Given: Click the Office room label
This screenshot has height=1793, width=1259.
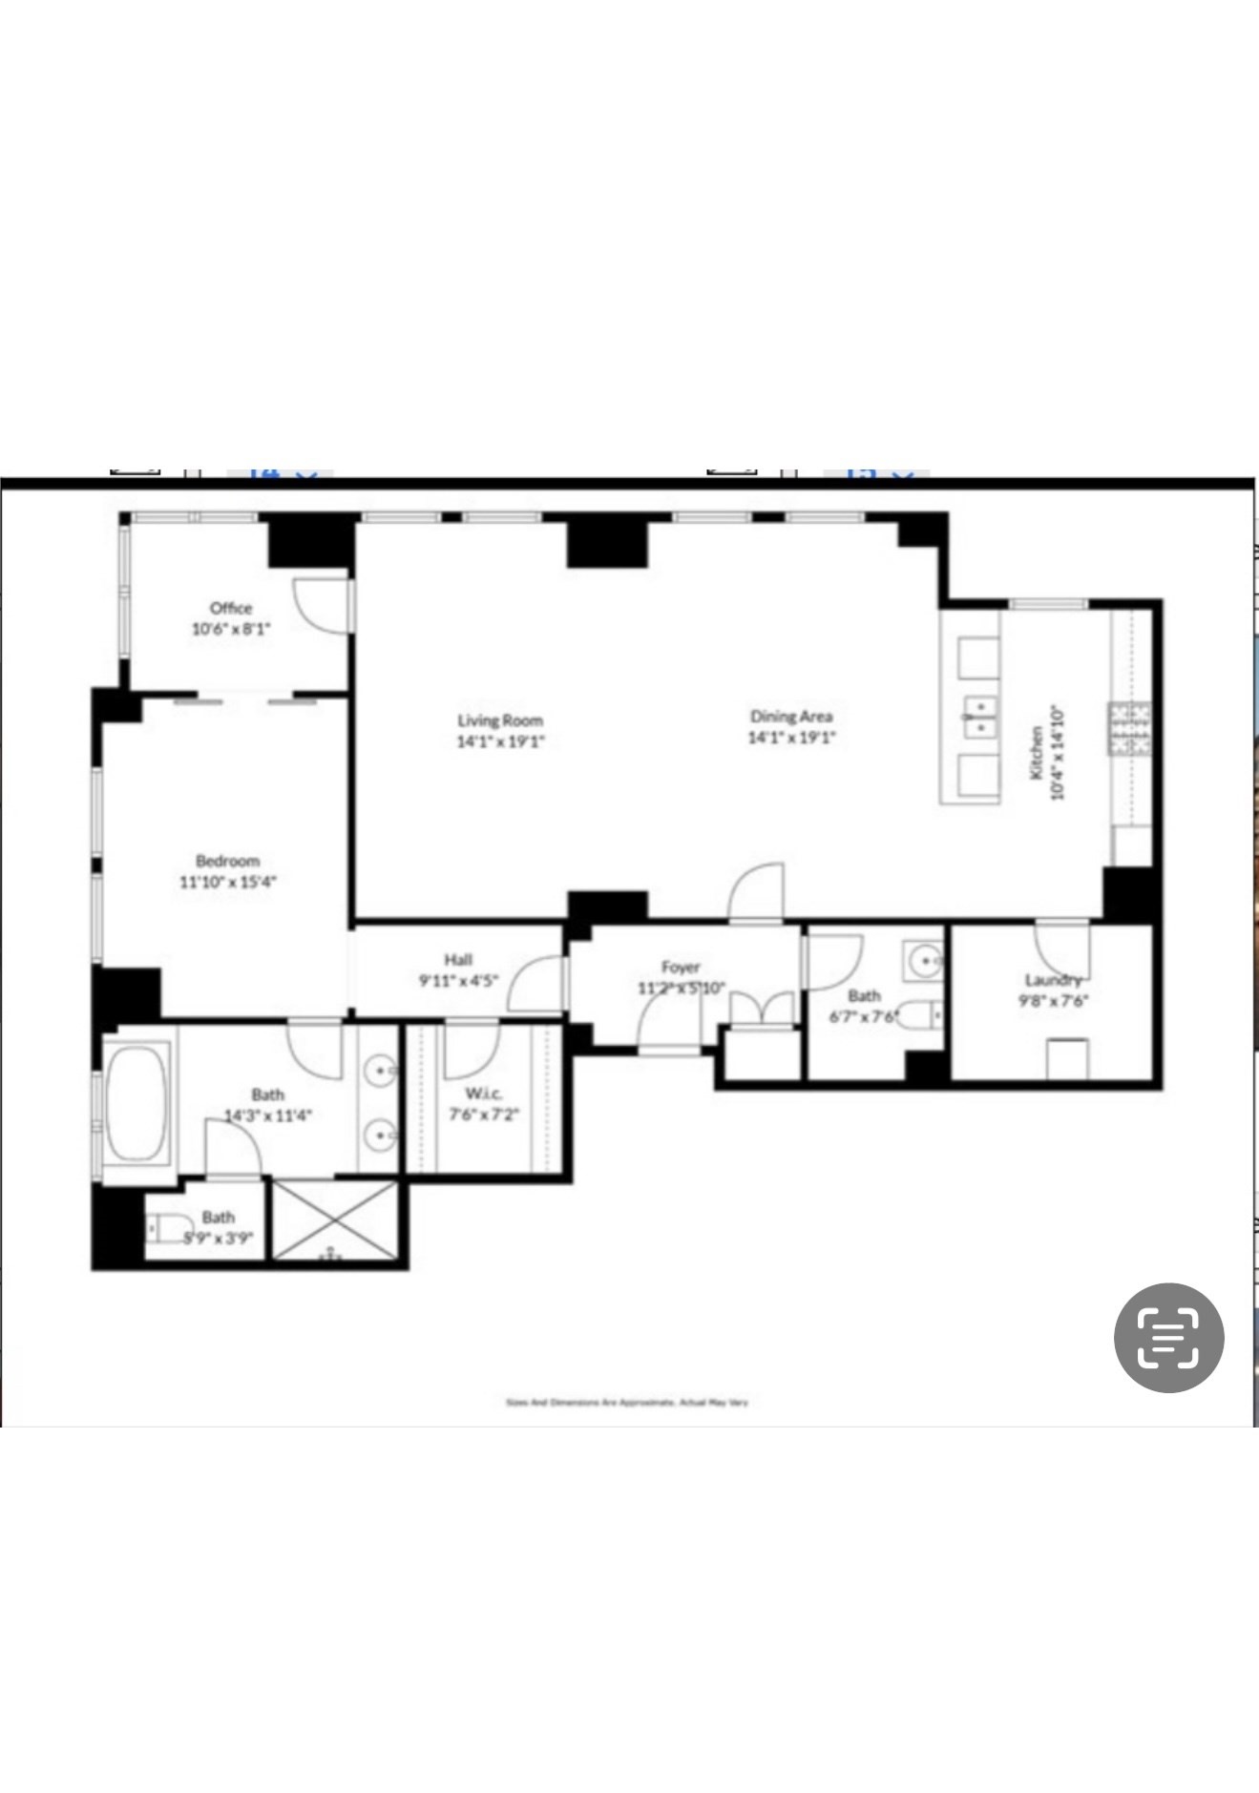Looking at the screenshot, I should [x=231, y=608].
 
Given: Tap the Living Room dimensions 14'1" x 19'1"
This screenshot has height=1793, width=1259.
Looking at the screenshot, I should [x=500, y=741].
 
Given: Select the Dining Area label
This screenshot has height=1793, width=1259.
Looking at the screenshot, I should [x=790, y=716].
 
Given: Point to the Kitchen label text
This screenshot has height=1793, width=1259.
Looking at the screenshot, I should [x=1036, y=753].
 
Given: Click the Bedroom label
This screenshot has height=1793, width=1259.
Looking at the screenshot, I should [x=227, y=860].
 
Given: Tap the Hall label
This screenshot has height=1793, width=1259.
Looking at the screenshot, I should [x=458, y=959].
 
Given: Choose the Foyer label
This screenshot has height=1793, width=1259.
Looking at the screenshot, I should [x=681, y=967].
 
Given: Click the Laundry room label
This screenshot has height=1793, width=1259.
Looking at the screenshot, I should [x=1053, y=980].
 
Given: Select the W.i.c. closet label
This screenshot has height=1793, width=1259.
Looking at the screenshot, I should [x=484, y=1093].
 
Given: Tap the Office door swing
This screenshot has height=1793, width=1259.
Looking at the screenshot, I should [x=313, y=603].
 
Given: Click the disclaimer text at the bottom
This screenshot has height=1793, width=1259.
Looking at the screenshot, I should [x=626, y=1403].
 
